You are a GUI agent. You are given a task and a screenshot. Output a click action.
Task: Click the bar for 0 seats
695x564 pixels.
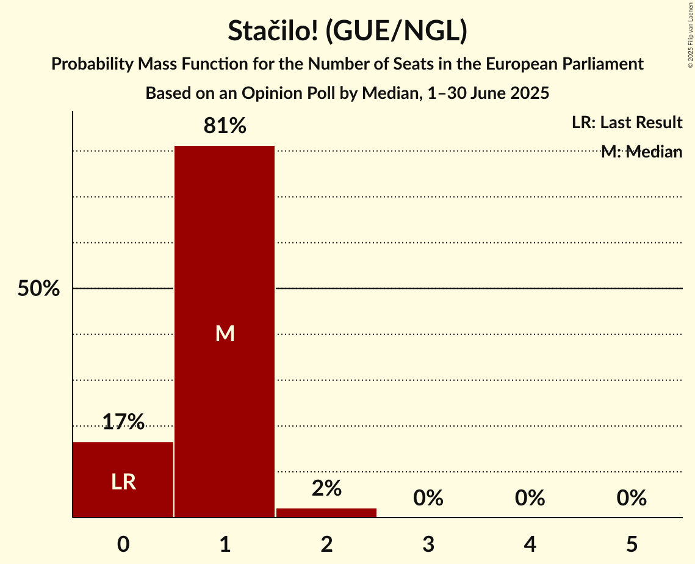point(123,480)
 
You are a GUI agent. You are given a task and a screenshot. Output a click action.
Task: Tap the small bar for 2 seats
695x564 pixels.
point(326,513)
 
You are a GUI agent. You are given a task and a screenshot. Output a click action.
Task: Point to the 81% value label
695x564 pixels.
point(225,126)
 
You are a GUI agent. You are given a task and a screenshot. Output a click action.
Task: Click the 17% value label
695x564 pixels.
point(123,422)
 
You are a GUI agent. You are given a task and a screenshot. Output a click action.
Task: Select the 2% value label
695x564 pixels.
point(326,488)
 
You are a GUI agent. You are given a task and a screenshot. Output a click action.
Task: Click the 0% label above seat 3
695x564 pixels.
point(428,498)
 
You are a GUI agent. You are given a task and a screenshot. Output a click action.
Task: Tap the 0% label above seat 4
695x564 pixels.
point(530,498)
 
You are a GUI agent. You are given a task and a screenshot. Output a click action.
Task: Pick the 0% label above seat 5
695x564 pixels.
point(632,498)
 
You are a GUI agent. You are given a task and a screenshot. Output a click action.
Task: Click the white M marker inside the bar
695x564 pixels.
point(225,333)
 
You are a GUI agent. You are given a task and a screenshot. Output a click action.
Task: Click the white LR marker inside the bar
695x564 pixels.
point(123,482)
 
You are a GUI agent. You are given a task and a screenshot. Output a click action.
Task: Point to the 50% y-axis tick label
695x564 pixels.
point(38,289)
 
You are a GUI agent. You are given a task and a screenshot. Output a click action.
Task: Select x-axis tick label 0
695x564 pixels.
point(123,544)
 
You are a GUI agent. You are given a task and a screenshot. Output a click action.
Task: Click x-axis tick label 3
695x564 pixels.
point(428,544)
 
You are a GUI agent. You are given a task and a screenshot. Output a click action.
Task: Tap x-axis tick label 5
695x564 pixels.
point(632,544)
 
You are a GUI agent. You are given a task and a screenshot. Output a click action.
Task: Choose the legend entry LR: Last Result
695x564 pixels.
point(627,123)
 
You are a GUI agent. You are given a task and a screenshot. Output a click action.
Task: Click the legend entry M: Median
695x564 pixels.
point(641,152)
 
